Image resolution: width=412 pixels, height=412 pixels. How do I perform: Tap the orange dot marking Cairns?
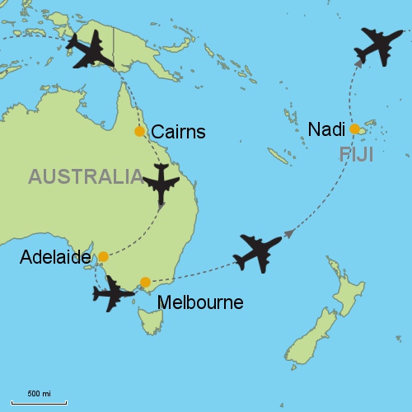pos(139,132)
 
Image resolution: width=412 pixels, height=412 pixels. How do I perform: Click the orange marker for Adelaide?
pos(103,256)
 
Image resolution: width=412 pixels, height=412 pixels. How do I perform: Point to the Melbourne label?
pos(202,302)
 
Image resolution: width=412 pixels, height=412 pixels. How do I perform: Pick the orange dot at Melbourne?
pos(145,282)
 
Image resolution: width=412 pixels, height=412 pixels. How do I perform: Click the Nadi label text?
pos(325,129)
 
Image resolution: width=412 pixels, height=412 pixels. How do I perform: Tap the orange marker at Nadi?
pos(354,129)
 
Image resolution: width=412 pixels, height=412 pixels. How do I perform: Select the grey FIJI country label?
pos(356,154)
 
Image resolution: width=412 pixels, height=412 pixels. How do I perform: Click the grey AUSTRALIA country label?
pos(85,176)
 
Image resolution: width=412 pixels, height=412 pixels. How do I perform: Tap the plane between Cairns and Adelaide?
pos(161,184)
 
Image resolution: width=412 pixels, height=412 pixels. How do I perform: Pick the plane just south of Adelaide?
pos(112,293)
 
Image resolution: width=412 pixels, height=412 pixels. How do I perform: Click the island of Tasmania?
pos(151,320)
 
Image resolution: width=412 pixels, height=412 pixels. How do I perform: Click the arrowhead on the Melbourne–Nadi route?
pos(289,234)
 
